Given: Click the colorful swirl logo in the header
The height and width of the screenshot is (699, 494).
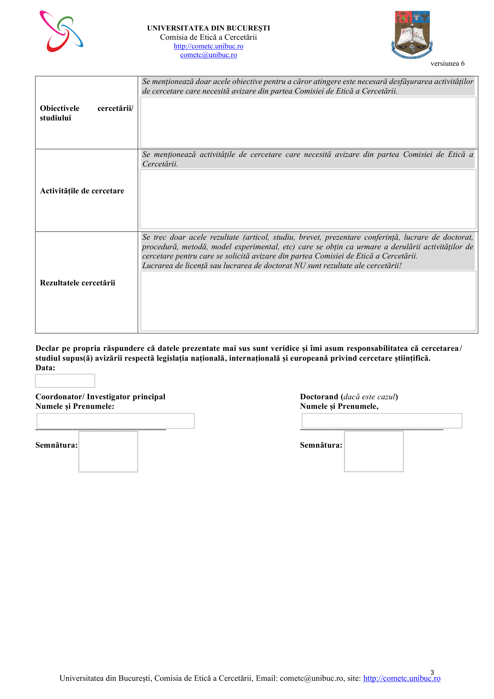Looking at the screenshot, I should [61, 31].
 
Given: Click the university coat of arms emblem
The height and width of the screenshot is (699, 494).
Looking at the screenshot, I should [412, 34].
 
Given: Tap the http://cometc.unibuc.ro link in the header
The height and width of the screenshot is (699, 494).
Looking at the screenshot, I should [208, 46].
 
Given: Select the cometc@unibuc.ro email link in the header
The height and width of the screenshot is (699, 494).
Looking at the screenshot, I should [208, 55].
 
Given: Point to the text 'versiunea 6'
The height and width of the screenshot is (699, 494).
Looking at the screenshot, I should [447, 64].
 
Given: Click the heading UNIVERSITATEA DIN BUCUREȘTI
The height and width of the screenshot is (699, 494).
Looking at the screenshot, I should [208, 28].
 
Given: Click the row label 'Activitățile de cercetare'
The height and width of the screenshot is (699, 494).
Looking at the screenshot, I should [82, 191].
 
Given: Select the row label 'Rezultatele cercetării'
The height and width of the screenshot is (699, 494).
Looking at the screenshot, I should [78, 283].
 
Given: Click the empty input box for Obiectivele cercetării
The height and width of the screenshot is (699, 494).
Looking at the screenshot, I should [308, 123].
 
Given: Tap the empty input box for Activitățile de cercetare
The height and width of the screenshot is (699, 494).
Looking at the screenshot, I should [308, 199].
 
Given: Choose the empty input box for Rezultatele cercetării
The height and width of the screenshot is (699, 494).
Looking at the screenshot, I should [308, 301].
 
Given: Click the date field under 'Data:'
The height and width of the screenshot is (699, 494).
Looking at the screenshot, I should [65, 381].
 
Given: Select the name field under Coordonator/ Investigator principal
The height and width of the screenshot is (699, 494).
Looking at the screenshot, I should [115, 421].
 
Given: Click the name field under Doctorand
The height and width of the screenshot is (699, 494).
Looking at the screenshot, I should [381, 421].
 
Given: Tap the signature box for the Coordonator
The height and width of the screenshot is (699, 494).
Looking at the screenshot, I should [108, 452].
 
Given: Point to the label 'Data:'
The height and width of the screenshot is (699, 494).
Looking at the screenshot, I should [45, 368].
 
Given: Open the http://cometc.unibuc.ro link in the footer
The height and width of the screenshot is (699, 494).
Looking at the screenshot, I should [401, 678].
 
